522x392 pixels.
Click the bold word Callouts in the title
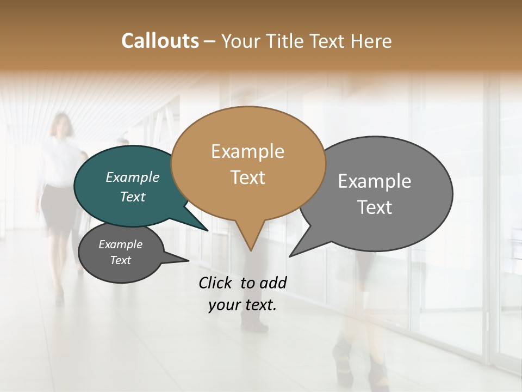click(160, 41)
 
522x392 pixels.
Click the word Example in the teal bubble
click(133, 177)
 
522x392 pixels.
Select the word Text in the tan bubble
click(248, 177)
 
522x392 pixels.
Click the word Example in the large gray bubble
click(375, 181)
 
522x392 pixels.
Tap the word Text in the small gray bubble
click(121, 260)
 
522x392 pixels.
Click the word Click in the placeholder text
click(216, 283)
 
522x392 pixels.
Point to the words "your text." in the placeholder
click(243, 305)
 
